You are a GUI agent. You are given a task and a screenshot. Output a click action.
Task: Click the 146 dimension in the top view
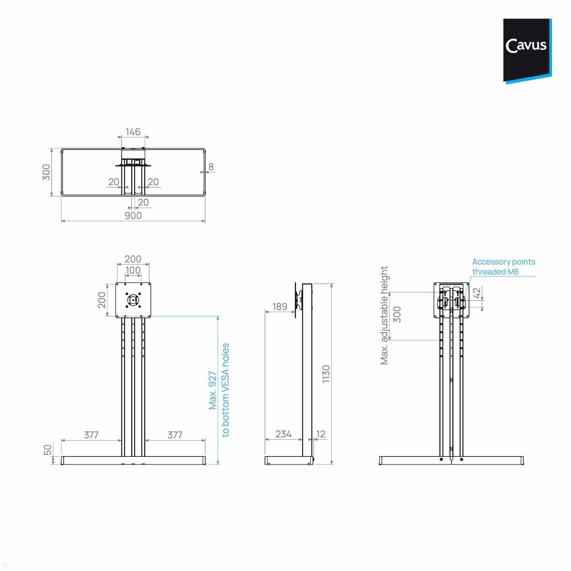click(133, 131)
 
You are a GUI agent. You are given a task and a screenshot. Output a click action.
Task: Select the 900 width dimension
click(133, 216)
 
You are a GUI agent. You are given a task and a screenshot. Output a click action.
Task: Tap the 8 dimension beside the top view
click(211, 167)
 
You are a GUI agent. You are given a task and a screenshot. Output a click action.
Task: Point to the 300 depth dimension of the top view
click(46, 172)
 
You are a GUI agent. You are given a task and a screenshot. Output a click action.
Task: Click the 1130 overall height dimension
click(326, 374)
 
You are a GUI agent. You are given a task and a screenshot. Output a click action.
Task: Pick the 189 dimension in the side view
click(280, 306)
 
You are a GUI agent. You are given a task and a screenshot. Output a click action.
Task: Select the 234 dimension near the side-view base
click(283, 434)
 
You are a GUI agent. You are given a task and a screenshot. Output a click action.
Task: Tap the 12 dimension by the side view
click(321, 434)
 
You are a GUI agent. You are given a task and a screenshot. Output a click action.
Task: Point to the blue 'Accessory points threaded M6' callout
click(503, 266)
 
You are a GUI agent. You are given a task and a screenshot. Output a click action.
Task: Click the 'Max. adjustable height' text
click(384, 315)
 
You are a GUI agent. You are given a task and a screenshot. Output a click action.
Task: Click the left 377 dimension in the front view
click(91, 435)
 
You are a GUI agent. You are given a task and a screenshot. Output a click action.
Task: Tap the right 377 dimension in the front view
click(175, 435)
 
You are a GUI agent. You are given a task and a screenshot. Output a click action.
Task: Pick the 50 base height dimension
click(48, 450)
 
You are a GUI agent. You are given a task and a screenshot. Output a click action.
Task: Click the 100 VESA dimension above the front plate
click(133, 270)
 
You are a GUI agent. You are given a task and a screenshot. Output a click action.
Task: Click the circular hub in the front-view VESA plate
click(133, 300)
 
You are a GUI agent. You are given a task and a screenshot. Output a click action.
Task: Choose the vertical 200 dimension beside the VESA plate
click(102, 300)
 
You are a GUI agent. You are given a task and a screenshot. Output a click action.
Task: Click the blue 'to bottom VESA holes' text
click(226, 390)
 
